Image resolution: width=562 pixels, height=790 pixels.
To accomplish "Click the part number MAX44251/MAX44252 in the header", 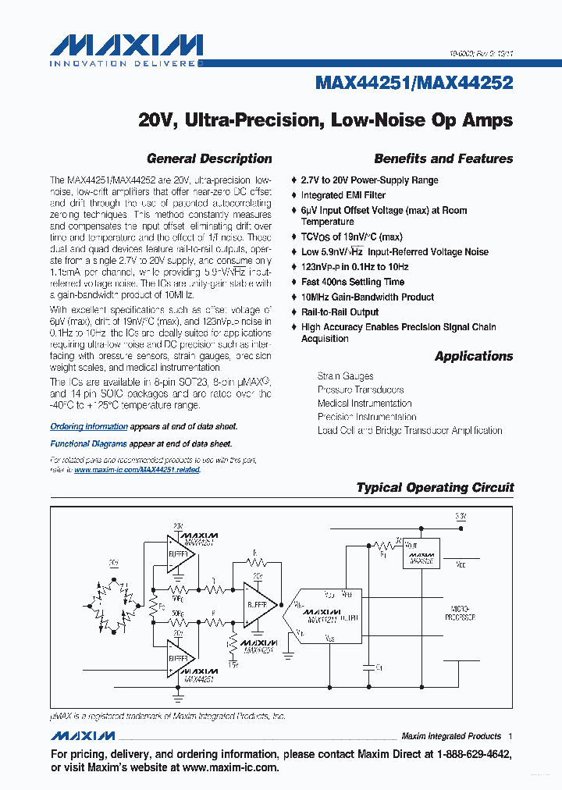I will pyautogui.click(x=414, y=82).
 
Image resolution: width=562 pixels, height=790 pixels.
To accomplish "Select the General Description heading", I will pyautogui.click(x=209, y=158).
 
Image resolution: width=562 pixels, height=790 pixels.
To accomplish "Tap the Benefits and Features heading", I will pyautogui.click(x=443, y=158).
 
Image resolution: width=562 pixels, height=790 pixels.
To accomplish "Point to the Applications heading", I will pyautogui.click(x=474, y=356).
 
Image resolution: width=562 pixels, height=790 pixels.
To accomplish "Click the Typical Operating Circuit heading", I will pyautogui.click(x=435, y=487).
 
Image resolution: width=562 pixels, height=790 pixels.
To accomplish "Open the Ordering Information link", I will pyautogui.click(x=89, y=427).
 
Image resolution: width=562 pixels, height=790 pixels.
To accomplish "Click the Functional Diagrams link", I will pyautogui.click(x=88, y=443).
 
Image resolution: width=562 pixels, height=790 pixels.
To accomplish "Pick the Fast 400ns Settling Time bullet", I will pyautogui.click(x=353, y=282).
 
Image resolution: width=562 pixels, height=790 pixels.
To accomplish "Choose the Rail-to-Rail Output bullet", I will pyautogui.click(x=340, y=312).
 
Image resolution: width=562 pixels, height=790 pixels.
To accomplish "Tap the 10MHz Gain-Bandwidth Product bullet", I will pyautogui.click(x=367, y=297).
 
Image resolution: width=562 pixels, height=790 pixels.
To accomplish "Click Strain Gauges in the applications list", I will pyautogui.click(x=345, y=376).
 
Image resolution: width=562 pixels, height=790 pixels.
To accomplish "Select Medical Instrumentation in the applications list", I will pyautogui.click(x=365, y=404).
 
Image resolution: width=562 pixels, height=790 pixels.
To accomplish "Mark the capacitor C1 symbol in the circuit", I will pyautogui.click(x=367, y=667).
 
